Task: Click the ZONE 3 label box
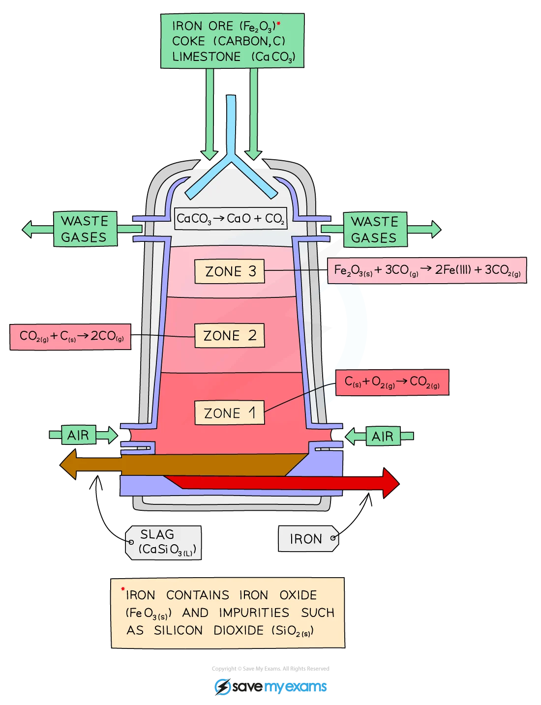pos(229,271)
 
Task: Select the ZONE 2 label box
pos(229,335)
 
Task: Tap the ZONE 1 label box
pos(229,412)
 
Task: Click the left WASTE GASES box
pos(85,229)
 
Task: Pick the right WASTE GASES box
pos(375,230)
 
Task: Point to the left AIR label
pos(79,435)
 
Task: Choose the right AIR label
pos(383,436)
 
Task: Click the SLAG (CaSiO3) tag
pos(163,543)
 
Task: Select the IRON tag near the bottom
pos(308,538)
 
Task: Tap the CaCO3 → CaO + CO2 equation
pos(231,218)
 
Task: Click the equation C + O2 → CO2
pos(392,382)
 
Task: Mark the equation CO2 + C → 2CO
pos(70,337)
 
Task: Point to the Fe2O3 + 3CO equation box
pos(427,270)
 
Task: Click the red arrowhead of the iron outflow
pos(391,483)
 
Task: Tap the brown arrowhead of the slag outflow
pos(68,464)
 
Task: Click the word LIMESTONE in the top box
pos(207,57)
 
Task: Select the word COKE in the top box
pos(188,41)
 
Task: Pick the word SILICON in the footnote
pos(178,630)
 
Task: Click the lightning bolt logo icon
pos(223,686)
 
